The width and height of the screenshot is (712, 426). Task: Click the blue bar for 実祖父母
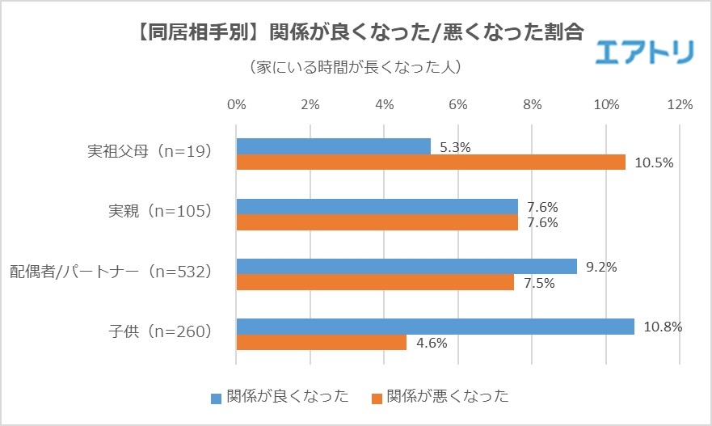(x=333, y=146)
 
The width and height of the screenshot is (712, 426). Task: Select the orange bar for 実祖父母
(x=431, y=162)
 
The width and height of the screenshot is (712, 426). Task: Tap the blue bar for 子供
(x=435, y=327)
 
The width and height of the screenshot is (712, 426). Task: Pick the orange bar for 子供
(x=321, y=343)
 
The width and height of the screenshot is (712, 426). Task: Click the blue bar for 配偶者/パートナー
(x=406, y=267)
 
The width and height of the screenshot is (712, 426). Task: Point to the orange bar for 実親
(x=377, y=222)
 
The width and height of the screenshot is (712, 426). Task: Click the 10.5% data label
(x=654, y=162)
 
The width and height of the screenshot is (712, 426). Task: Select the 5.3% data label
(x=455, y=147)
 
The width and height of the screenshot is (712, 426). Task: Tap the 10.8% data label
(x=663, y=327)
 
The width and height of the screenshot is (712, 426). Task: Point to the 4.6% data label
(x=432, y=343)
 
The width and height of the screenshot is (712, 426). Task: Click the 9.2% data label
(x=601, y=266)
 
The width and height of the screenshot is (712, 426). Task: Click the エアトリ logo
(x=644, y=53)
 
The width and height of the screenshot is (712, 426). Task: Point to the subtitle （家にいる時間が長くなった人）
(x=356, y=67)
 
